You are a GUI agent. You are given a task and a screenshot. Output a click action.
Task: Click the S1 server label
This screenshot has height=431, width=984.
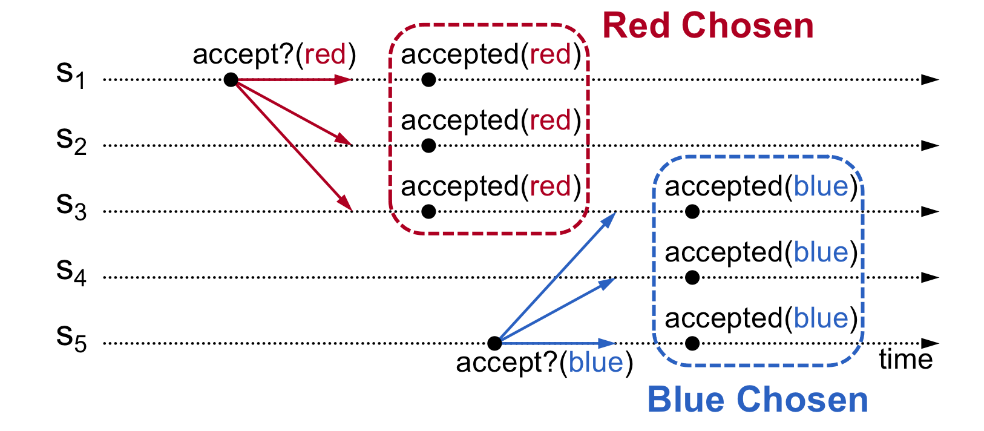[71, 75]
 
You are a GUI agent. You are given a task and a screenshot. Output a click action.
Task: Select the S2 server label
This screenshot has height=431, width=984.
[71, 141]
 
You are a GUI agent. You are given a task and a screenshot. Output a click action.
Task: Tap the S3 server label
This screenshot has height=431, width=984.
[71, 207]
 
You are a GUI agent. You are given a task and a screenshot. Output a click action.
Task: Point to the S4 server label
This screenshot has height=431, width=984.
[71, 272]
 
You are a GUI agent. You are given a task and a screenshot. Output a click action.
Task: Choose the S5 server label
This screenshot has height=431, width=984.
[71, 338]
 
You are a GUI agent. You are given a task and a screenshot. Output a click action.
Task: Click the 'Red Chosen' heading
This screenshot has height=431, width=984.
[707, 26]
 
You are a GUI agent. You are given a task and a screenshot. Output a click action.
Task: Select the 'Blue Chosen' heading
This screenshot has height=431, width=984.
[757, 400]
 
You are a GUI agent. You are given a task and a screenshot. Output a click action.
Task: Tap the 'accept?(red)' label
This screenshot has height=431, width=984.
[274, 55]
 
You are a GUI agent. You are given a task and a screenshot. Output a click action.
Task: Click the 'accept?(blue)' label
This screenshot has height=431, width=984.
[544, 363]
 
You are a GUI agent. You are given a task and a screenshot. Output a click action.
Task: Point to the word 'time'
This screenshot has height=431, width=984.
[905, 360]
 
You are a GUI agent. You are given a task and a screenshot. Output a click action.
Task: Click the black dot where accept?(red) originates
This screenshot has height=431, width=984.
[231, 79]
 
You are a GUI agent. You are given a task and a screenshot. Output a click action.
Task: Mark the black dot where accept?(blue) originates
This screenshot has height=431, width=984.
[494, 343]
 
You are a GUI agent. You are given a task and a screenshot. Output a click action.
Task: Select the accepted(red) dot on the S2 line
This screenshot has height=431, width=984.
[428, 145]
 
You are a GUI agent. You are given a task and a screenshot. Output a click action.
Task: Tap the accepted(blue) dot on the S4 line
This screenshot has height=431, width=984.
[693, 277]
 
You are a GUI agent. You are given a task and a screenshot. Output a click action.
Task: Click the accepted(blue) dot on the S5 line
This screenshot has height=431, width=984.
[693, 343]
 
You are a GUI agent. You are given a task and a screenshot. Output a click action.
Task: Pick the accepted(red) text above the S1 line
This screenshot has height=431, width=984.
[491, 55]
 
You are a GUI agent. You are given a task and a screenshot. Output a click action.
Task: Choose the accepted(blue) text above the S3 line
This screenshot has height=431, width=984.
[761, 187]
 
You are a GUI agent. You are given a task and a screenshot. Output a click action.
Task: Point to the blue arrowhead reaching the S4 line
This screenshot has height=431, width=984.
[607, 282]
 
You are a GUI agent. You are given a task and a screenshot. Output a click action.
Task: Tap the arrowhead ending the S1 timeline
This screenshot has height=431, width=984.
[930, 79]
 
